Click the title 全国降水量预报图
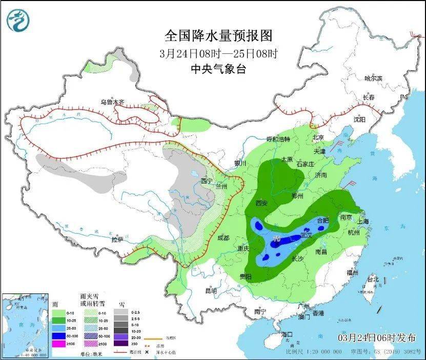tap(218, 35)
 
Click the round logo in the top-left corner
tap(18, 20)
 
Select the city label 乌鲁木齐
tap(113, 102)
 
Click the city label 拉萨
tap(117, 239)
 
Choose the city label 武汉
tap(307, 234)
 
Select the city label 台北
tap(372, 279)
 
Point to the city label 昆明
tap(211, 291)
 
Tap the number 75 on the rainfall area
tap(277, 239)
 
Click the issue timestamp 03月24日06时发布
tap(377, 337)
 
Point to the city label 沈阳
tap(359, 119)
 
